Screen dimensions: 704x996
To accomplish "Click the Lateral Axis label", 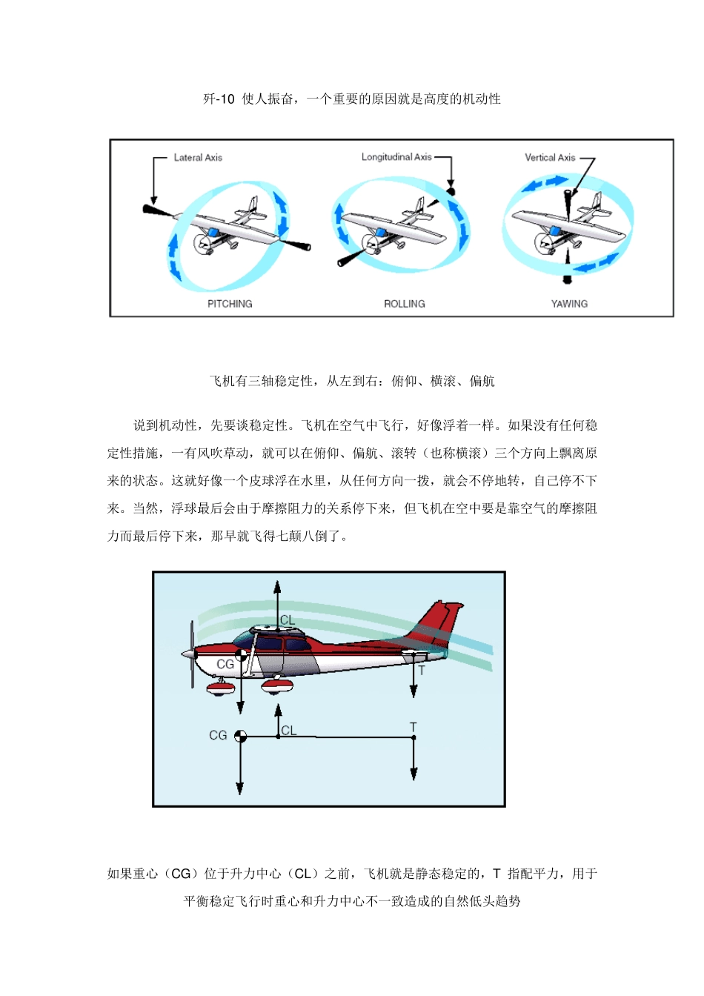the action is [198, 157].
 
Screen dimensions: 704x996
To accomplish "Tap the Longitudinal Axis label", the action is [396, 157].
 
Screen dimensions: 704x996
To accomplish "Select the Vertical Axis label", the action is [550, 157].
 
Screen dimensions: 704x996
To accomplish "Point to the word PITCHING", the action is [230, 304].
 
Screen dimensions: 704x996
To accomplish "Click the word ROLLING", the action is [405, 304].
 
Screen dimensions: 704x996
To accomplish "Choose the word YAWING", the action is [569, 304].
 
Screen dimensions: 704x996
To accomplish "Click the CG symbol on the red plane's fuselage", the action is [241, 654].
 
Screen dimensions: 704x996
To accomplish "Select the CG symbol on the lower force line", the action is [240, 736].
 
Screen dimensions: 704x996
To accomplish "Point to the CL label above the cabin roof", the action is [288, 620].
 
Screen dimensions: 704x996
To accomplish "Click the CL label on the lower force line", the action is [288, 731].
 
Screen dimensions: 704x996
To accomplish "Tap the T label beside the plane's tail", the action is [422, 670].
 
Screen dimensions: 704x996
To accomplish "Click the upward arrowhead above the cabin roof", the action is [277, 587].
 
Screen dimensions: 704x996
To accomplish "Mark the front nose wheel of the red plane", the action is [221, 688].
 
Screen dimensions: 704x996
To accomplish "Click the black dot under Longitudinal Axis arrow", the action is [451, 192].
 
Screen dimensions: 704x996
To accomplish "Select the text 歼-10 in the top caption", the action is [219, 99].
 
